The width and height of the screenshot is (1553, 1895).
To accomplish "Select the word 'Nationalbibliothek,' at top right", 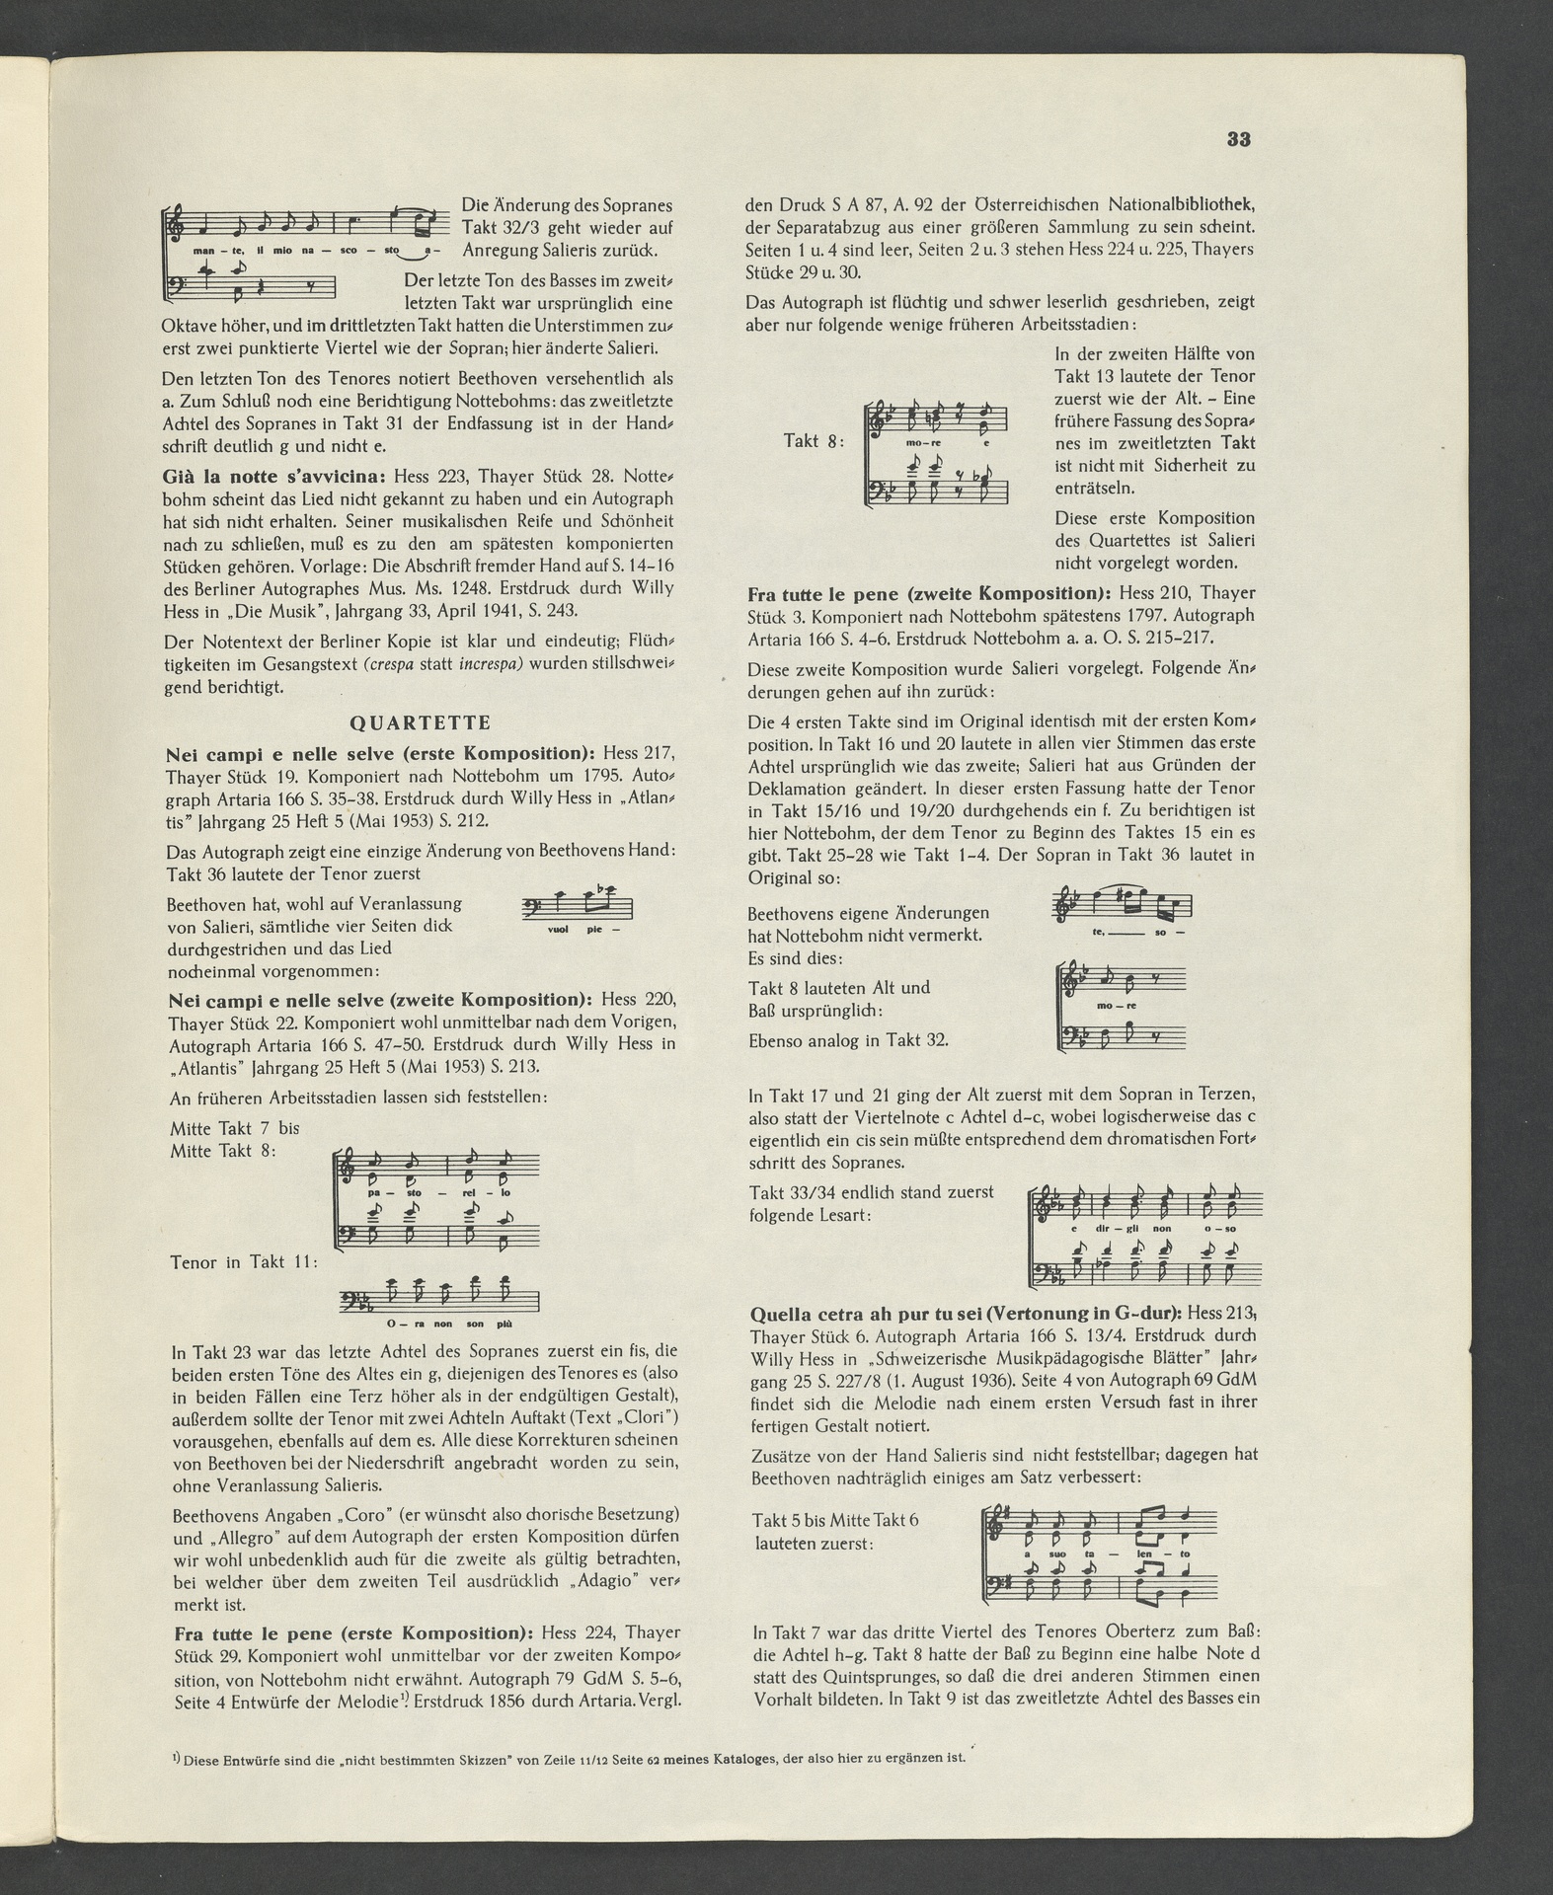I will [1169, 205].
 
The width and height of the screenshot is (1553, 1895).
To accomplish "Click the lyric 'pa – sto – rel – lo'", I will [437, 1193].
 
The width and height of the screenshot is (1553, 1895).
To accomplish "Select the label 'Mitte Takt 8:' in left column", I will [222, 1152].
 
